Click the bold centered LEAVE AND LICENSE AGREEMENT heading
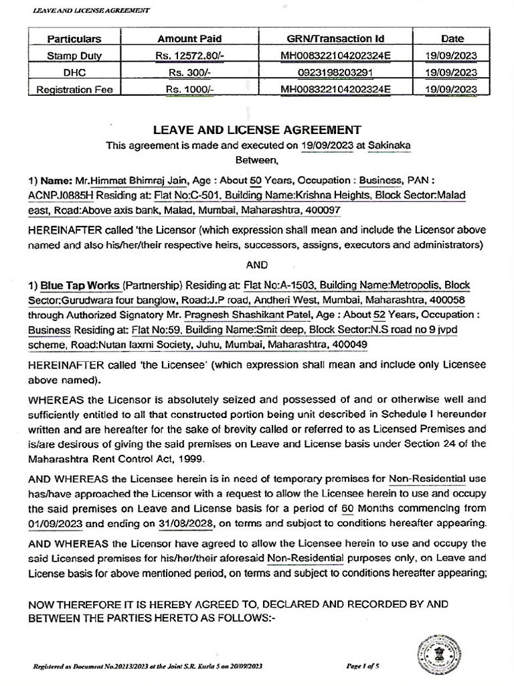(257, 130)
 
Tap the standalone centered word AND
(257, 264)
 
